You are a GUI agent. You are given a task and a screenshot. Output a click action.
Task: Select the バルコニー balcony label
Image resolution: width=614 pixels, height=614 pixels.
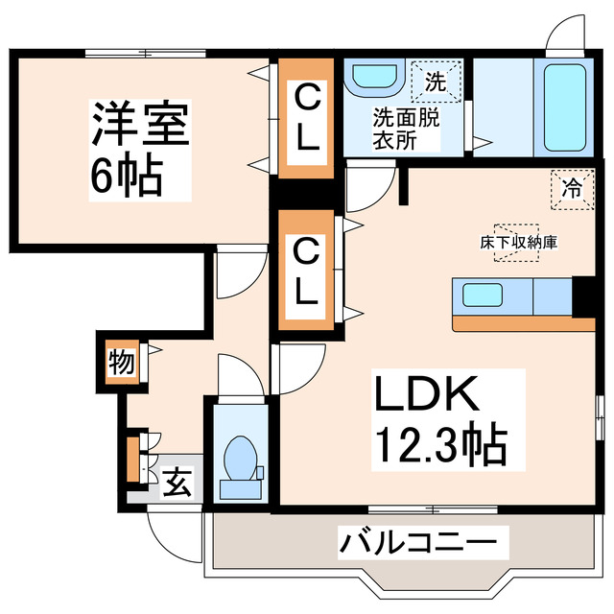[418, 544]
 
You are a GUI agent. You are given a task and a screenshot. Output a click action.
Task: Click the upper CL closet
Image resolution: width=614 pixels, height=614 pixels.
[306, 118]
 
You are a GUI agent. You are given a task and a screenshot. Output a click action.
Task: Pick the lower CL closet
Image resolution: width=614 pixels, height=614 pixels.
[305, 272]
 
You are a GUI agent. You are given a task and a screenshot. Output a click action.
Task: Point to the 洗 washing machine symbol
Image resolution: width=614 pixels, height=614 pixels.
[435, 82]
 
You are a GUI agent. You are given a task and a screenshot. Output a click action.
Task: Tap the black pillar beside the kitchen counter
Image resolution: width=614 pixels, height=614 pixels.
[582, 296]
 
